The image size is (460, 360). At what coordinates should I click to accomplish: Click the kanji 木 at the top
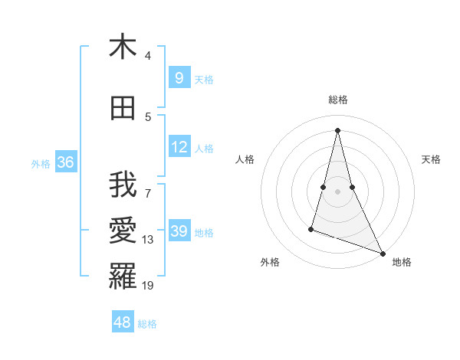(x=123, y=47)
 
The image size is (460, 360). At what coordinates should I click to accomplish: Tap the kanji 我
(x=123, y=185)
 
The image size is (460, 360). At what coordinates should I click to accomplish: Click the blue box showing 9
(x=179, y=77)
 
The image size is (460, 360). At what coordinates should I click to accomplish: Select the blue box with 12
(x=179, y=146)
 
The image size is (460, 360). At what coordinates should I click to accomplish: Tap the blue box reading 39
(x=179, y=231)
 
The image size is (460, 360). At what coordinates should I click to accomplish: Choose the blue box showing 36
(x=65, y=162)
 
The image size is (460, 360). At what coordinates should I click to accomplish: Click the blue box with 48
(x=123, y=322)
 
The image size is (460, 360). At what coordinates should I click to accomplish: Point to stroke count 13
(x=148, y=240)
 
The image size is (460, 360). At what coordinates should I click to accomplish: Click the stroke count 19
(x=148, y=286)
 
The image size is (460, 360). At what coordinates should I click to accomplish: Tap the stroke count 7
(x=148, y=185)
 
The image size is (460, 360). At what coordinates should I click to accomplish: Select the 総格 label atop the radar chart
(x=338, y=100)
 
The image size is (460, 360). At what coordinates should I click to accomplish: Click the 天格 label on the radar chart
(x=431, y=159)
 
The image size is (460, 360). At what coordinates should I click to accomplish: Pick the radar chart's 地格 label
(x=402, y=262)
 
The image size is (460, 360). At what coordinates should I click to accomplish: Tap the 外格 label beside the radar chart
(x=270, y=262)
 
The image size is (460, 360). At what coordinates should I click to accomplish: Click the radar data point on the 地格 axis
(x=383, y=253)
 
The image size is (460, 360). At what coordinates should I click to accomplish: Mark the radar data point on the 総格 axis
(x=337, y=130)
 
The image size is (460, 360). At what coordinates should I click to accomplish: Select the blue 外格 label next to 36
(x=41, y=163)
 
